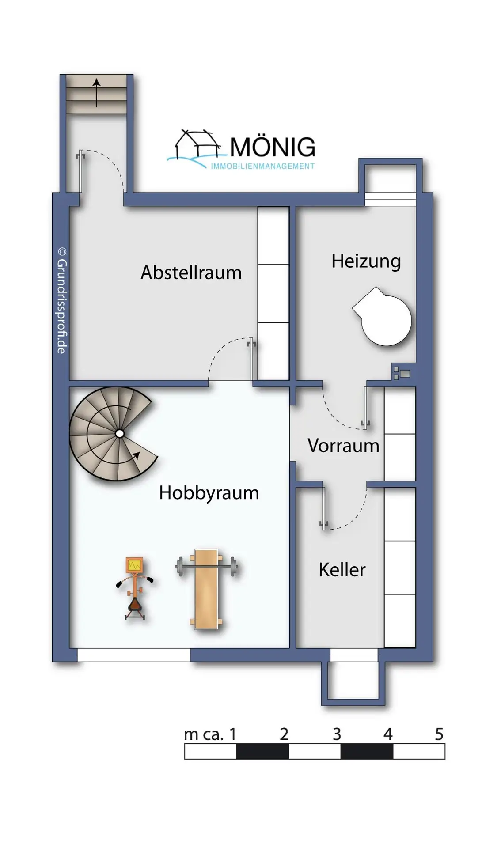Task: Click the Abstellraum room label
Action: pos(191,273)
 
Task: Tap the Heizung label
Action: pos(366,261)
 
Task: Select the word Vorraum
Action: pos(343,446)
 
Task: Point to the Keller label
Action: pos(342,570)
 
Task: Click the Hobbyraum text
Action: pos(209,493)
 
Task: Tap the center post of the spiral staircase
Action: pos(119,434)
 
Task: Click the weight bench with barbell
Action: pos(206,587)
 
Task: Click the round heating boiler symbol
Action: pos(384,318)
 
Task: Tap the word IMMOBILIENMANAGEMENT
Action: pos(262,167)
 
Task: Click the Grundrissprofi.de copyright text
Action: pos(62,300)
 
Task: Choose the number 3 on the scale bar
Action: pos(337,734)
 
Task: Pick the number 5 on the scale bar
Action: pos(439,734)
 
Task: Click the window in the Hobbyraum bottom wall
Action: pos(133,655)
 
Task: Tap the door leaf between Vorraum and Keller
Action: pos(324,507)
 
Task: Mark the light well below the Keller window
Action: pos(353,680)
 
